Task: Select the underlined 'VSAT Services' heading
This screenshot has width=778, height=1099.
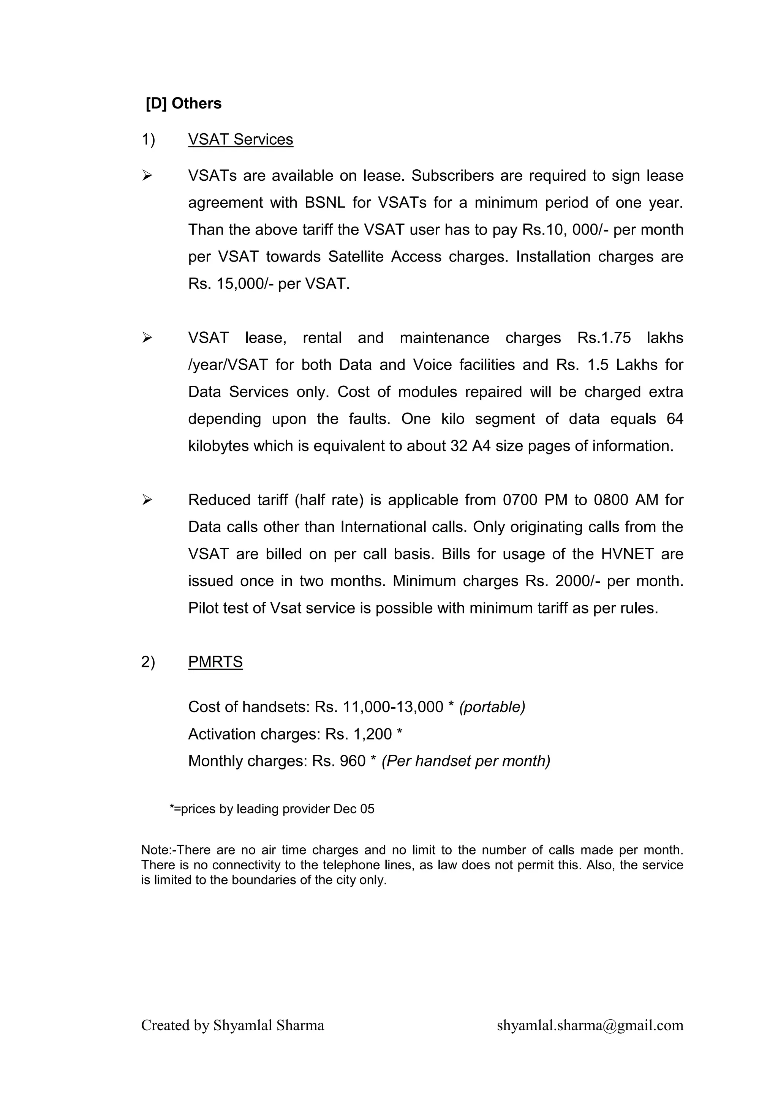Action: [x=240, y=139]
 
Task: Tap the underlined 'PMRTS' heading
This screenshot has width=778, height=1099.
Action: [x=215, y=662]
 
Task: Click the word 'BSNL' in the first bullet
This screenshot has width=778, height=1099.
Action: [x=325, y=202]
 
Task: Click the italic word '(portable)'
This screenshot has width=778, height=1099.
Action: [x=492, y=707]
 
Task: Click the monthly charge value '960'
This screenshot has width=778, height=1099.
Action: [x=353, y=761]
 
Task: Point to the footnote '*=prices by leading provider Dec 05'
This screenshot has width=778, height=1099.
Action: [x=272, y=809]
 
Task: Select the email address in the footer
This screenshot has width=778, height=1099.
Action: [x=590, y=1025]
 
